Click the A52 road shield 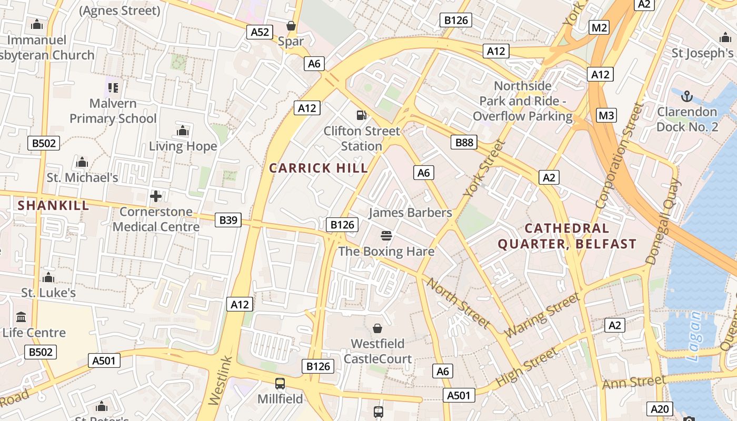(260, 32)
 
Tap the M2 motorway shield (599, 27)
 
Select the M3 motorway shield (606, 115)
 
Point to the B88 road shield (464, 142)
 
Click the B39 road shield (228, 219)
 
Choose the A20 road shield (660, 409)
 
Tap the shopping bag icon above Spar (291, 25)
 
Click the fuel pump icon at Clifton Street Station (361, 115)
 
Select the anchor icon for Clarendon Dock (686, 96)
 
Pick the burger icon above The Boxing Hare (386, 235)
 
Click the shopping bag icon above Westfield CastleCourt (377, 328)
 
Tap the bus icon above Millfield (280, 384)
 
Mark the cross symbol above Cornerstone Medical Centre (156, 196)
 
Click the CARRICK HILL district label (318, 168)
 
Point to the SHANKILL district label (54, 205)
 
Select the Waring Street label (542, 316)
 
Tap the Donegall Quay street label (663, 221)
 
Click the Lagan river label (695, 337)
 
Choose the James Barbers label (410, 213)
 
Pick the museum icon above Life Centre (22, 317)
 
